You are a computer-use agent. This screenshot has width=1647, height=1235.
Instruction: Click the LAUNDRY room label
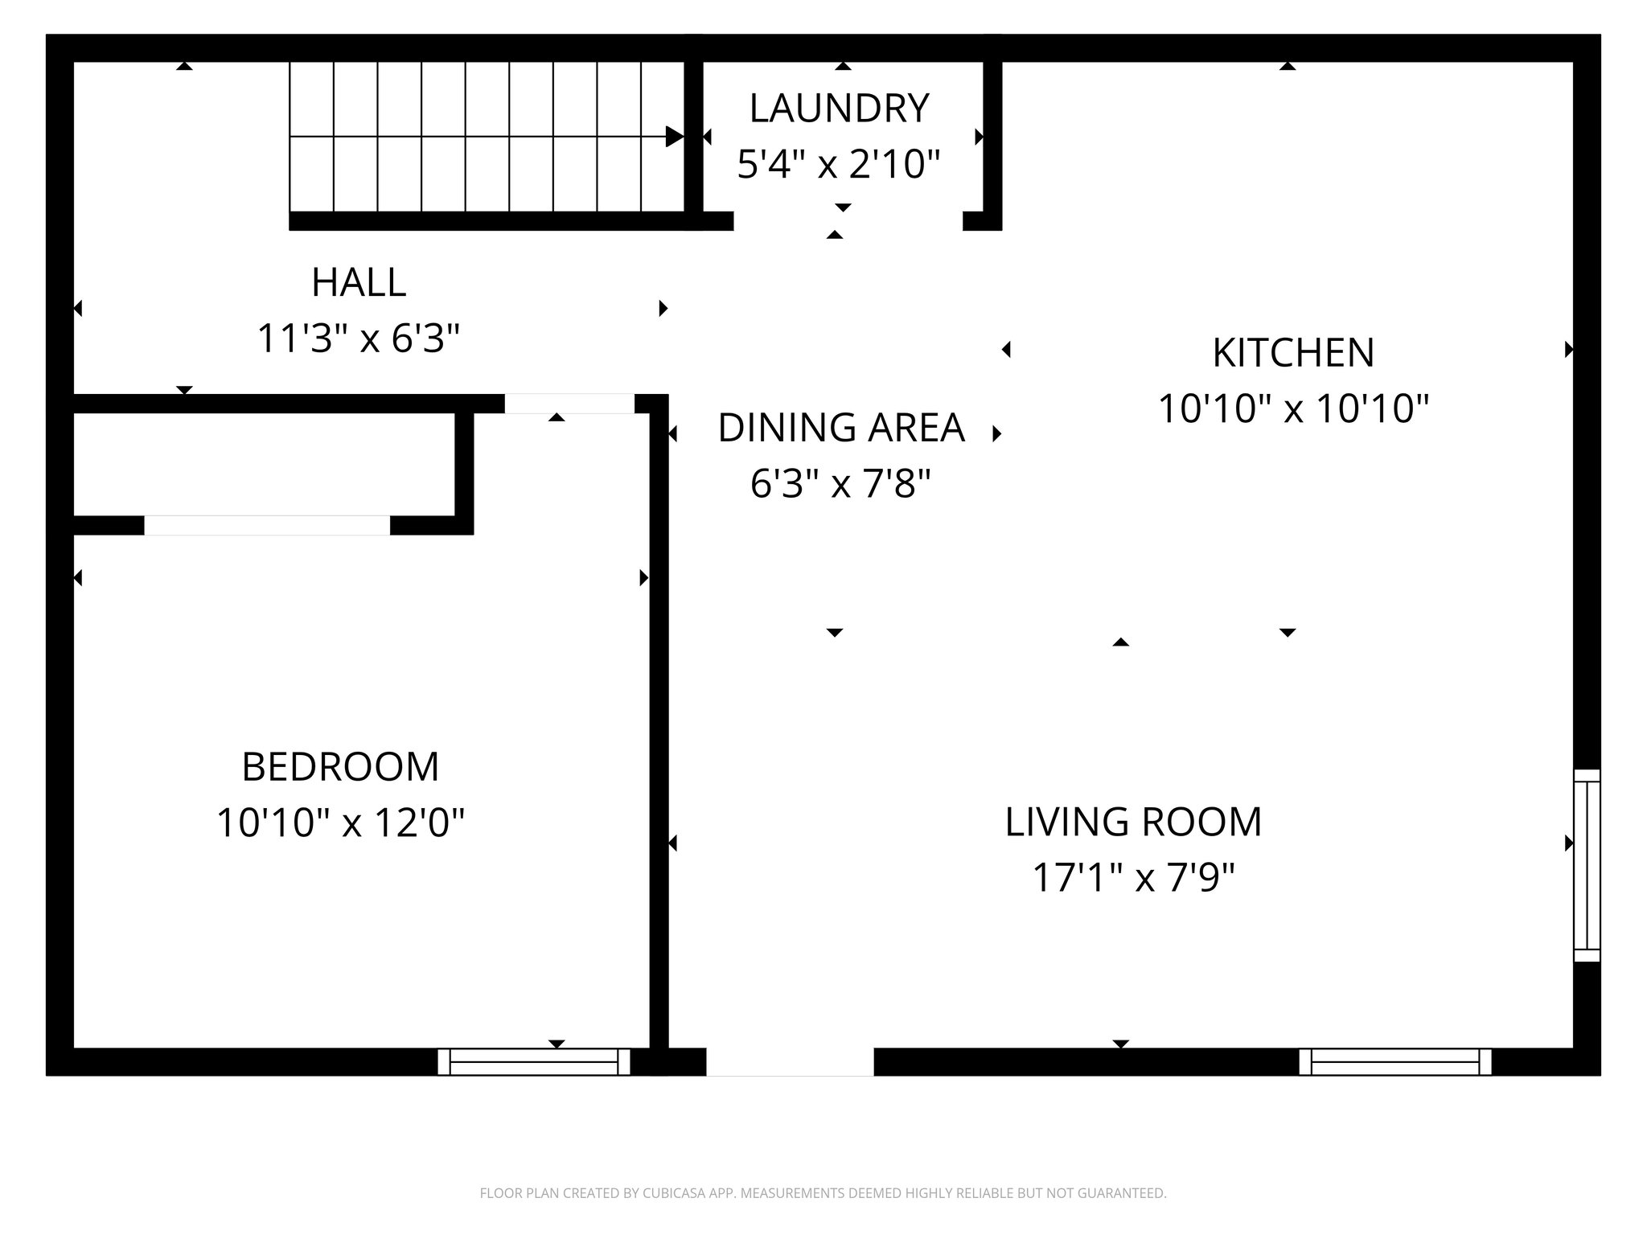pyautogui.click(x=839, y=109)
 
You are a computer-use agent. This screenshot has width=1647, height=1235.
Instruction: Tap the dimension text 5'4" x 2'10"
pyautogui.click(x=839, y=164)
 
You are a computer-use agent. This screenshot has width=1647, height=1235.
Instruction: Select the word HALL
pyautogui.click(x=359, y=282)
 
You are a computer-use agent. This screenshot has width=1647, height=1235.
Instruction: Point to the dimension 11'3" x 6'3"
pyautogui.click(x=359, y=338)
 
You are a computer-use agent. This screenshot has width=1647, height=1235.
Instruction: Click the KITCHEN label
pyautogui.click(x=1293, y=353)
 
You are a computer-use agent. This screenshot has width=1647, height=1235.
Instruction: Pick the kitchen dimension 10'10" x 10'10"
pyautogui.click(x=1293, y=408)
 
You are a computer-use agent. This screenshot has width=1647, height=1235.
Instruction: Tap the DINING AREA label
pyautogui.click(x=840, y=428)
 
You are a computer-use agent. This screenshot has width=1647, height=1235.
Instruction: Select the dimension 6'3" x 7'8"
pyautogui.click(x=840, y=484)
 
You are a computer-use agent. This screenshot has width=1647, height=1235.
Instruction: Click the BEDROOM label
pyautogui.click(x=340, y=767)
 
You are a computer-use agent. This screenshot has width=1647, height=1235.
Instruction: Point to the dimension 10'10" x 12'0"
pyautogui.click(x=340, y=823)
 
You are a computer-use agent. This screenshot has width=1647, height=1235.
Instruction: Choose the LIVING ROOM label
pyautogui.click(x=1133, y=822)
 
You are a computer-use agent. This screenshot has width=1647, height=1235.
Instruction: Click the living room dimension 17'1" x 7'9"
pyautogui.click(x=1133, y=878)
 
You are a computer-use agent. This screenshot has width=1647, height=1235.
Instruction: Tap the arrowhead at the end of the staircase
pyautogui.click(x=674, y=137)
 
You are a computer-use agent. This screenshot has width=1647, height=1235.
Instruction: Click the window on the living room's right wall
pyautogui.click(x=1586, y=865)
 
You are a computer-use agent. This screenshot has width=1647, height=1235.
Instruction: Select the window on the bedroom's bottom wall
pyautogui.click(x=534, y=1061)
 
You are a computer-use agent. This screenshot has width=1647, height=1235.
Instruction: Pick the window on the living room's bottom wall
pyautogui.click(x=1395, y=1061)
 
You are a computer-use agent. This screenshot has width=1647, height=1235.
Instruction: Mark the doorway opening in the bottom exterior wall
pyautogui.click(x=790, y=1061)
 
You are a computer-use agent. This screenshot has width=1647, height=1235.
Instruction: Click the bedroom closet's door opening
pyautogui.click(x=267, y=525)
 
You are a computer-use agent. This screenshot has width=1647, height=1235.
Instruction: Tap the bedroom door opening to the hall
pyautogui.click(x=569, y=404)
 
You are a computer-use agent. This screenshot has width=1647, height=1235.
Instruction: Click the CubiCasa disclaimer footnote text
pyautogui.click(x=823, y=1193)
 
